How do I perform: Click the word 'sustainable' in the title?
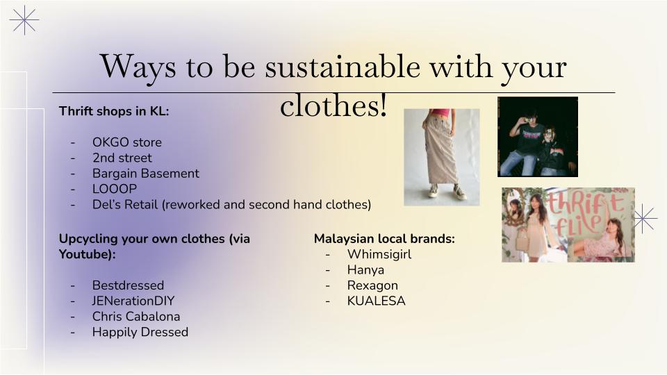coord(343,67)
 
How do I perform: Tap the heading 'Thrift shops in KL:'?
coord(114,111)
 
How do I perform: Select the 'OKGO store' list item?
coord(127,142)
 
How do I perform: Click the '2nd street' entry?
coord(122,158)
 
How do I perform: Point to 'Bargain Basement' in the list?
coord(145,174)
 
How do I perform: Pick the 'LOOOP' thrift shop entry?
coord(115,189)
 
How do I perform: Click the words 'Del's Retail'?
coord(125,204)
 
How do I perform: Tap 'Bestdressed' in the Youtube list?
coord(128,285)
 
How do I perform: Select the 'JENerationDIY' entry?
coord(133,301)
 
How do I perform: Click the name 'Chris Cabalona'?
coord(136,317)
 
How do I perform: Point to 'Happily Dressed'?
coord(140,332)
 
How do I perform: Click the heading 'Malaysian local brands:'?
coord(384,239)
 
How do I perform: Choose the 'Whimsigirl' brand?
coord(379,254)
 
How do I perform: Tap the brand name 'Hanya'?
coord(366,270)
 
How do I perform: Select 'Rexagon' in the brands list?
coord(372,285)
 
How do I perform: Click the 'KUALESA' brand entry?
coord(377,301)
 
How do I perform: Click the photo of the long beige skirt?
coord(442,158)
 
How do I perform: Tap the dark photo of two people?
coord(538,137)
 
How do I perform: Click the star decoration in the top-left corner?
coord(24,20)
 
